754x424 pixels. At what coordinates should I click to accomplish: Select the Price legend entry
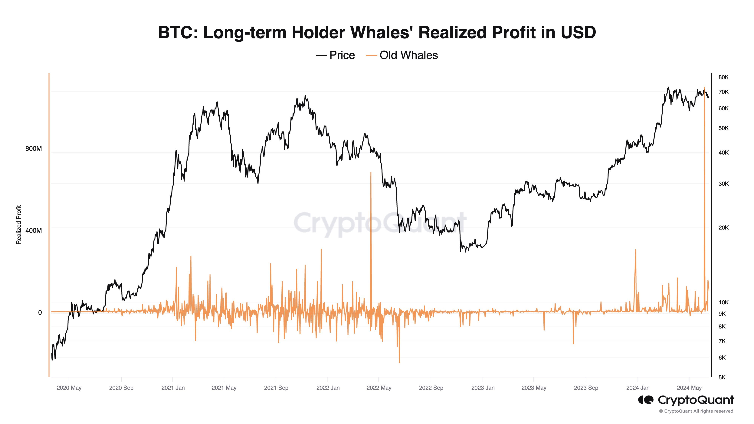pos(336,55)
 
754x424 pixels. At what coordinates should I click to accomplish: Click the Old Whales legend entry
pos(402,55)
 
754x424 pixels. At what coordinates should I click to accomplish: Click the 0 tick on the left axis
pos(40,312)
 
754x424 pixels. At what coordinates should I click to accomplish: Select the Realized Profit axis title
pos(19,225)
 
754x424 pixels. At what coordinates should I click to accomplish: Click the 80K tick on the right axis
pos(723,77)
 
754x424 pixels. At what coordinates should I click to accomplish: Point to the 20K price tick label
pos(723,228)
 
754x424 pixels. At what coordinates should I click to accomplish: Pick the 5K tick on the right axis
pos(722,377)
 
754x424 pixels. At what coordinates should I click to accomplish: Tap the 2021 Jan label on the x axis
pos(173,388)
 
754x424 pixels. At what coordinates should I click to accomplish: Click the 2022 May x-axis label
pos(379,388)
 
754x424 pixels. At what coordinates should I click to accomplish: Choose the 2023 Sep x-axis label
pos(586,388)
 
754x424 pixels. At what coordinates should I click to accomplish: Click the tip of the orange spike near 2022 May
pos(371,173)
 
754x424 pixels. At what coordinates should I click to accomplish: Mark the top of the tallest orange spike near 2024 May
pos(704,87)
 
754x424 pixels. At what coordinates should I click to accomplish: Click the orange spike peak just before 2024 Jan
pos(635,250)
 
